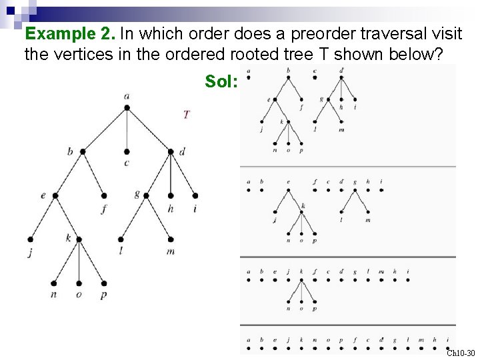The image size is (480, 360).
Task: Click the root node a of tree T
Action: coord(127,107)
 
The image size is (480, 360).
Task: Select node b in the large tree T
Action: coord(83,151)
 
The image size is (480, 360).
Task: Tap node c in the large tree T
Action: coord(127,151)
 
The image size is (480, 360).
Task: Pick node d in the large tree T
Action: coord(171,151)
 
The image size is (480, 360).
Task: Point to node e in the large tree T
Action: coord(55,195)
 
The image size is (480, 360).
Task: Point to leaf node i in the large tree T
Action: coord(195,195)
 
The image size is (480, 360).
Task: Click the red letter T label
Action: coord(186,115)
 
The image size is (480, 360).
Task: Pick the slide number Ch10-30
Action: coord(461,353)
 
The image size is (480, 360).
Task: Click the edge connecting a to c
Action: coord(127,129)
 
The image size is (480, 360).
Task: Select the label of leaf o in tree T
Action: coord(79,295)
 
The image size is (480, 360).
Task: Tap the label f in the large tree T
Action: coord(105,208)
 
